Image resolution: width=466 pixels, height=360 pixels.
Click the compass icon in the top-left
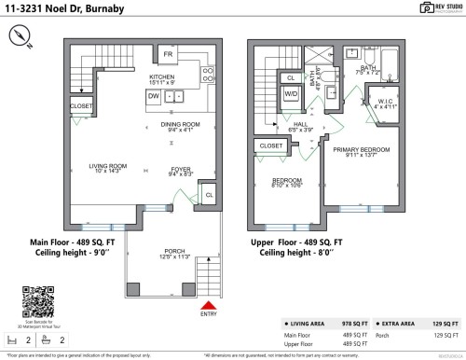click(x=22, y=35)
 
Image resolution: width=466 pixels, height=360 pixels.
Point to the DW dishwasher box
click(x=152, y=95)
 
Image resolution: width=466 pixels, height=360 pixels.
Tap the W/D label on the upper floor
click(x=290, y=94)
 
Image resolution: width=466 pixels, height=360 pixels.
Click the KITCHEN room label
click(x=162, y=77)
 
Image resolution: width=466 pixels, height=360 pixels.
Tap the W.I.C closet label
click(x=385, y=104)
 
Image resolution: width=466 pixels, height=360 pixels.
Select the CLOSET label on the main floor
click(x=81, y=107)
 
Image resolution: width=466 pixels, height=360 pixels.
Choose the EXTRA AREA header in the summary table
click(x=397, y=323)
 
